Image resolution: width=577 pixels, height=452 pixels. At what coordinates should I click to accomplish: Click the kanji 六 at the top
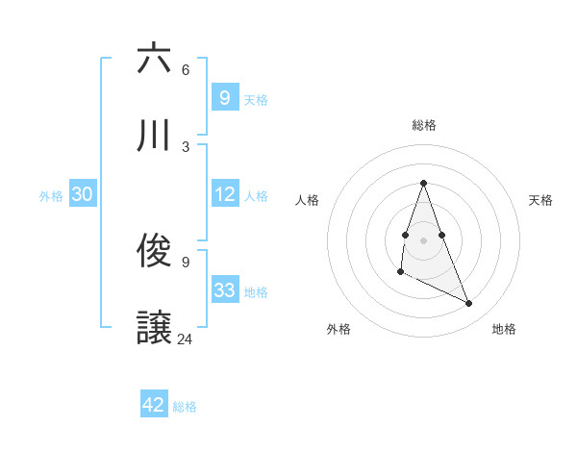(154, 59)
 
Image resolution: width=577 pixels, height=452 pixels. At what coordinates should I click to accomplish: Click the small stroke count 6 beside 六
(185, 70)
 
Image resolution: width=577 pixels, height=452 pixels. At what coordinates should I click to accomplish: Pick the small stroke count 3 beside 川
(185, 147)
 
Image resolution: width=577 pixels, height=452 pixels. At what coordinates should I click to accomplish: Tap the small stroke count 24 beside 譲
(185, 339)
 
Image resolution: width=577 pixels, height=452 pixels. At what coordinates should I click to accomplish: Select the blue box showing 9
(224, 97)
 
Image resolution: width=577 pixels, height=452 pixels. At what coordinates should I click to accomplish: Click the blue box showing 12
(224, 194)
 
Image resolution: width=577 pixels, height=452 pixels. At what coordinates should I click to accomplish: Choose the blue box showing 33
(224, 290)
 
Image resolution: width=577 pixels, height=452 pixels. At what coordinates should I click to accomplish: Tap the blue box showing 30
(83, 194)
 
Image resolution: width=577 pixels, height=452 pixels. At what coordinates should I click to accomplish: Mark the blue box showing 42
(154, 405)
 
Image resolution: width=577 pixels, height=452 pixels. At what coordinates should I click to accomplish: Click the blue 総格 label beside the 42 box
(185, 407)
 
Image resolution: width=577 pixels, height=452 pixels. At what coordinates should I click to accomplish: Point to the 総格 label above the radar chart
(423, 125)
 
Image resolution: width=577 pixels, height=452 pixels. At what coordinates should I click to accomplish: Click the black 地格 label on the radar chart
(504, 329)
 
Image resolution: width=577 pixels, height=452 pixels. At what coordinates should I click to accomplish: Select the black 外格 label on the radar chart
(339, 329)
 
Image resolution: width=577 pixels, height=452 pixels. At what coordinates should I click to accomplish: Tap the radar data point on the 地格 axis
(469, 304)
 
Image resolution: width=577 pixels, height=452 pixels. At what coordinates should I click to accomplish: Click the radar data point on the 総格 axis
(423, 183)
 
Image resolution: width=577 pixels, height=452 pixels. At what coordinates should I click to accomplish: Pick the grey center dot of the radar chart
(423, 239)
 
